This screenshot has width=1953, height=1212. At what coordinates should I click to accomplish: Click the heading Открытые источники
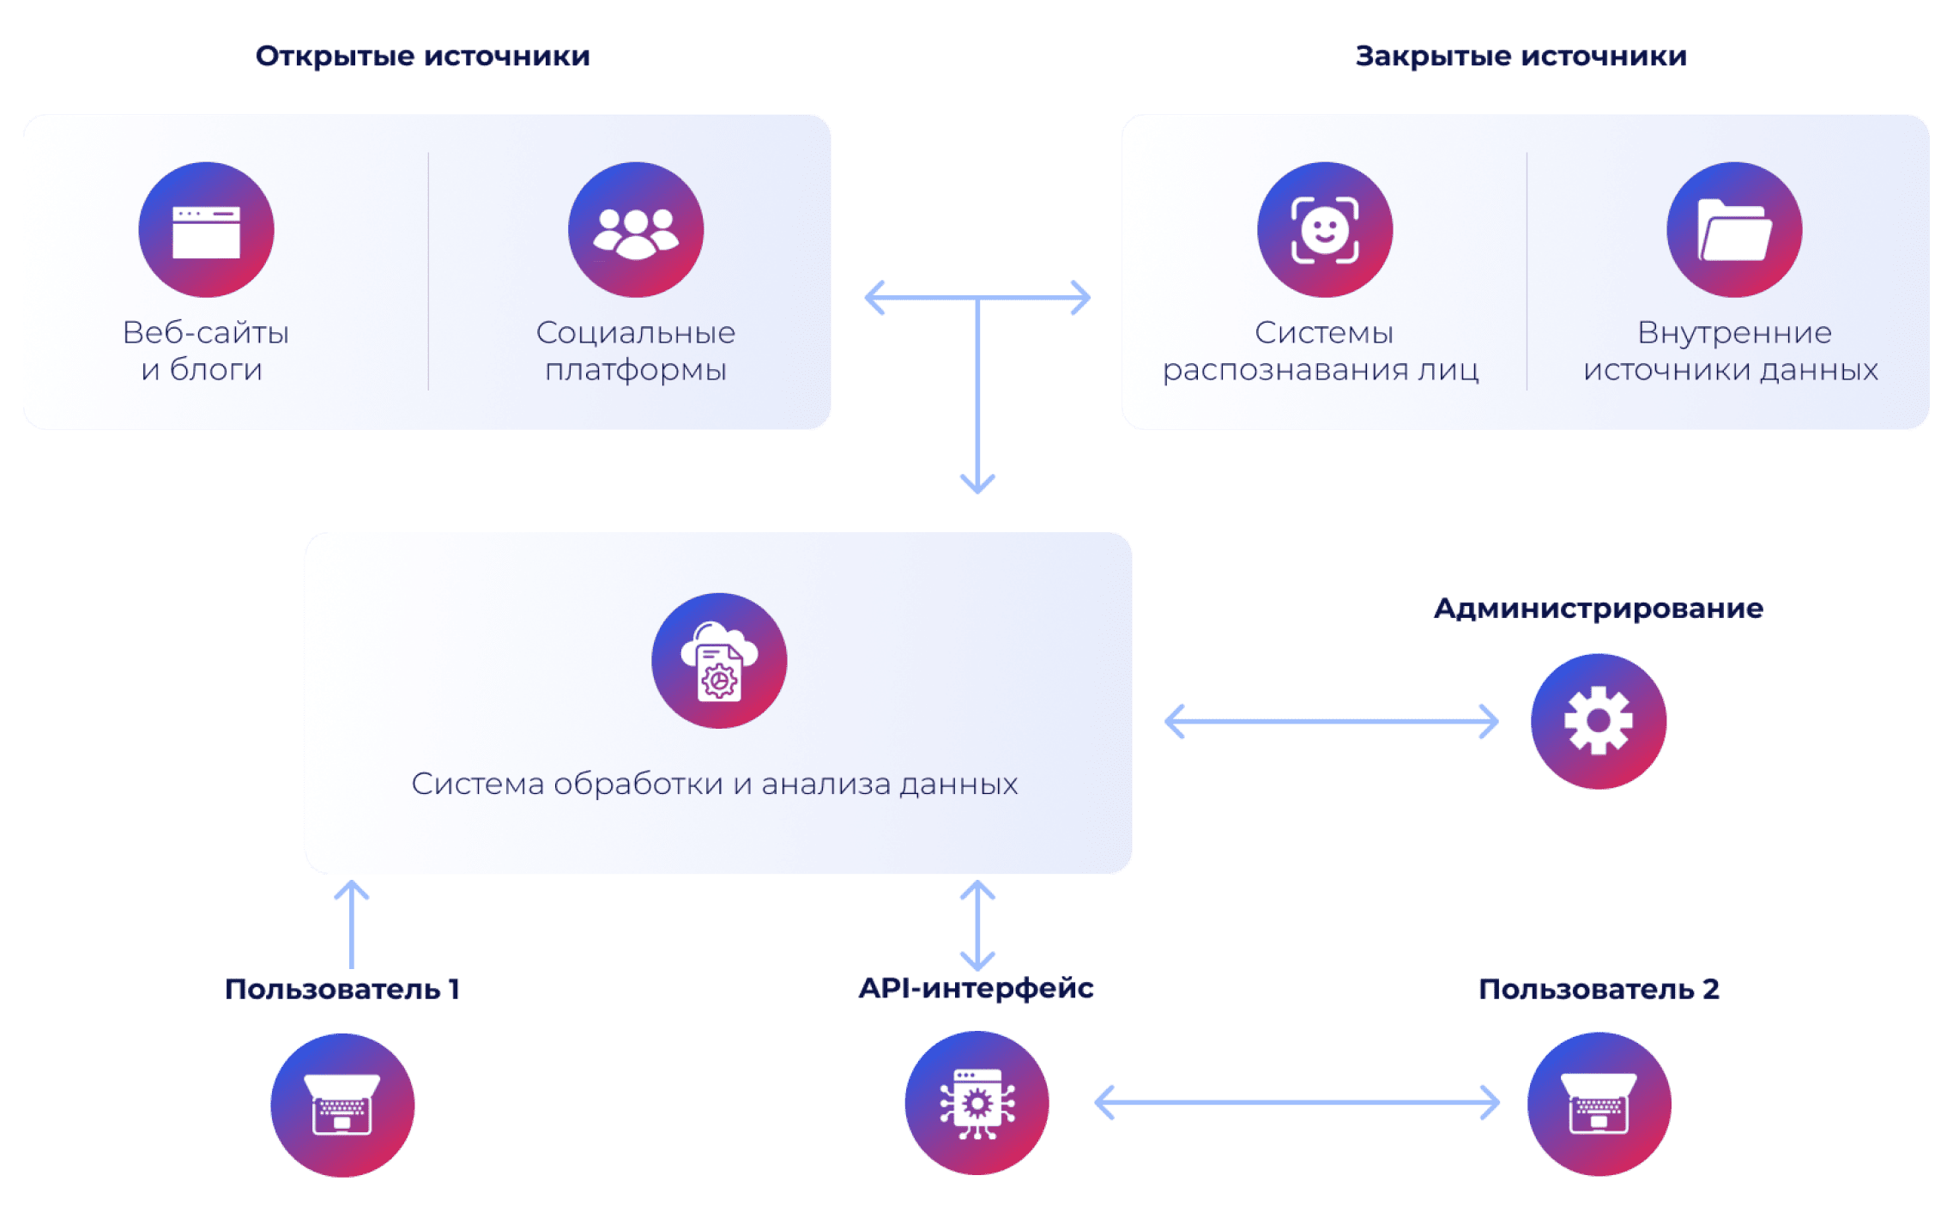tap(423, 57)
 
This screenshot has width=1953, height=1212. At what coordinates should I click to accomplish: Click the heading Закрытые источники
tap(1521, 57)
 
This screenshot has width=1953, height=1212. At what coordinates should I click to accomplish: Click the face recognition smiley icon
tap(1325, 230)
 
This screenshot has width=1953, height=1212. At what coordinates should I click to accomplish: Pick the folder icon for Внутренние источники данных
tap(1734, 230)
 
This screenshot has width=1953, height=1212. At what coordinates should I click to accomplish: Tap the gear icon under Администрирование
tap(1598, 721)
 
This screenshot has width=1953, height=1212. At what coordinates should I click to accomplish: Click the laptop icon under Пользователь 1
tap(342, 1105)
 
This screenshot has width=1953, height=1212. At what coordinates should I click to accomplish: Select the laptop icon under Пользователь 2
tap(1599, 1105)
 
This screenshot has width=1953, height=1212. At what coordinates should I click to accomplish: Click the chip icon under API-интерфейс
tap(977, 1104)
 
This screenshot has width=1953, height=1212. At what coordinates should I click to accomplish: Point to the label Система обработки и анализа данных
tap(714, 784)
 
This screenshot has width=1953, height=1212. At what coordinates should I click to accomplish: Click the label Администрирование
tap(1598, 609)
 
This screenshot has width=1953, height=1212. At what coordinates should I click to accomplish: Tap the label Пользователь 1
tap(342, 990)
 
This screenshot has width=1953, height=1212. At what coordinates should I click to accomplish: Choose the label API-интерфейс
tap(977, 989)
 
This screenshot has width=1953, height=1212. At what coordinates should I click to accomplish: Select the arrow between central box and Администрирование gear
tap(1332, 721)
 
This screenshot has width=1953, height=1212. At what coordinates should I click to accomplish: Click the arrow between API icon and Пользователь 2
tap(1297, 1103)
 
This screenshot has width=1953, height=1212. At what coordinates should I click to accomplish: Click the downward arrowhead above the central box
tap(977, 482)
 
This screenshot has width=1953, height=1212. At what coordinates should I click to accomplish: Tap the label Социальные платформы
tap(636, 351)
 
